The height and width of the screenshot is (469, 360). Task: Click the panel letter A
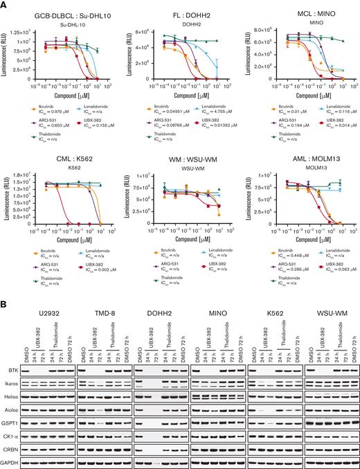[4, 5]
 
